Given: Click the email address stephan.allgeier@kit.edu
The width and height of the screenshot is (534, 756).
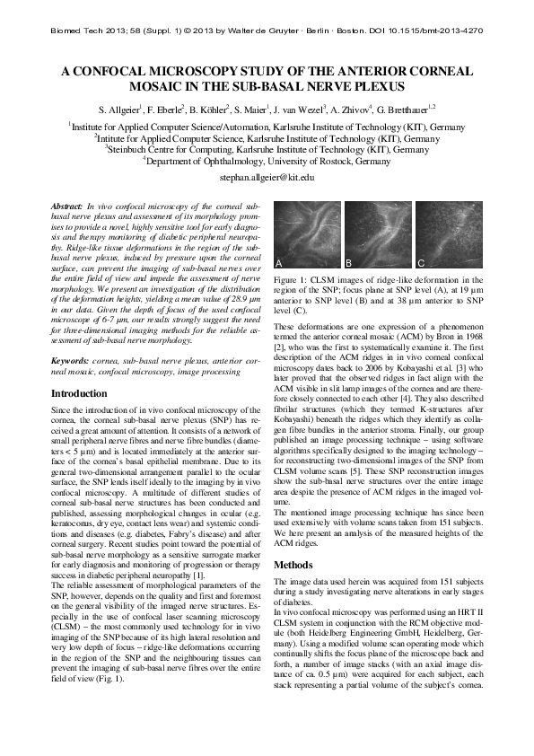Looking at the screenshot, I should click(267, 178).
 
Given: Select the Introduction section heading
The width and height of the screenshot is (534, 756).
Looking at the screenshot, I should click(80, 394).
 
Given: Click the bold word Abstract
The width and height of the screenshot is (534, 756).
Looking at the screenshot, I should click(67, 207).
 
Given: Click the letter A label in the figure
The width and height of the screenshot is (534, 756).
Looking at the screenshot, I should click(279, 263).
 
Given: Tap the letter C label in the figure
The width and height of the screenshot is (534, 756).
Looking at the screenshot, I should click(420, 263).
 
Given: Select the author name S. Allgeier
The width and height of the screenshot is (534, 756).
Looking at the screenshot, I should click(121, 110).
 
